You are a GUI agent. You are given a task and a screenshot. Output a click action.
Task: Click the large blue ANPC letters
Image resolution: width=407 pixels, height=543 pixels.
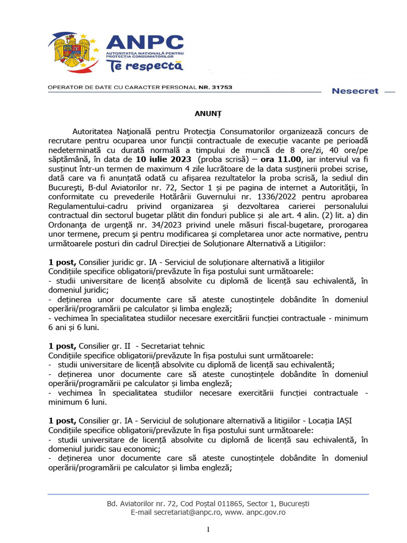click(145, 43)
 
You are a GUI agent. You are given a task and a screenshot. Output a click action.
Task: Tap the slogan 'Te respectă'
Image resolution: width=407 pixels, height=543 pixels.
click(145, 66)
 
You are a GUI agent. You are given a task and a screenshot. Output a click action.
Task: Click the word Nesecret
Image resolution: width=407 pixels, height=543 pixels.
click(355, 91)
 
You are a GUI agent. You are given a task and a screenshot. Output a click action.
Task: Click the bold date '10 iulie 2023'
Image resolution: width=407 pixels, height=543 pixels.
click(164, 159)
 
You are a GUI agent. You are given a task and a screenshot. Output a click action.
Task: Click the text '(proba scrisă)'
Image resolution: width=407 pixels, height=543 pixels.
click(222, 159)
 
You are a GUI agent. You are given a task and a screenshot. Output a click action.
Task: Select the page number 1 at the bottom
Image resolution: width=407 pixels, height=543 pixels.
click(208, 530)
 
